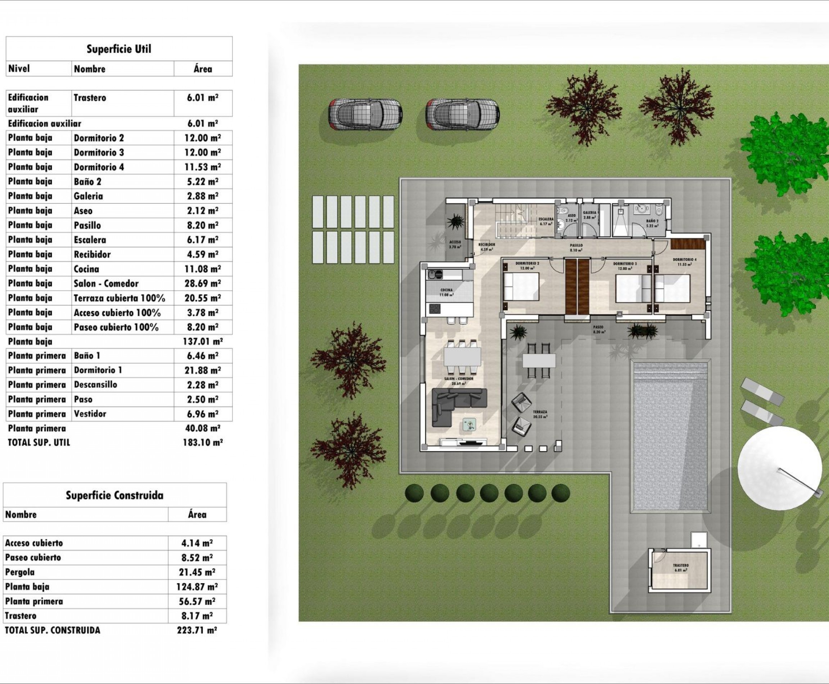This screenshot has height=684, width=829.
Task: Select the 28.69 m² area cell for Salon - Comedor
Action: point(203,283)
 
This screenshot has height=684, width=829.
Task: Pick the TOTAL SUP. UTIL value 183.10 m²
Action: point(203,442)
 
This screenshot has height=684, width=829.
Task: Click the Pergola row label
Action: point(20,572)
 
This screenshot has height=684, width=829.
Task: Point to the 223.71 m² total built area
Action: point(196,630)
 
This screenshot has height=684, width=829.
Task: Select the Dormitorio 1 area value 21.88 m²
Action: point(203,370)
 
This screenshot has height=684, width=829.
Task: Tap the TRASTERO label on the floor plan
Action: point(680,566)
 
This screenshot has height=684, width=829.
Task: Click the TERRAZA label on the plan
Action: point(540,412)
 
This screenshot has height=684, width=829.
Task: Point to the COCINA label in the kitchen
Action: point(447,290)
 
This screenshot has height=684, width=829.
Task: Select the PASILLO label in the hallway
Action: point(576,246)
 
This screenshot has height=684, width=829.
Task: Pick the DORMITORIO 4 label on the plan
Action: point(684,260)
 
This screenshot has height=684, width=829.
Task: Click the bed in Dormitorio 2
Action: point(521,287)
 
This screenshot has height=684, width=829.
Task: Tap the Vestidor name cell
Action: point(90,414)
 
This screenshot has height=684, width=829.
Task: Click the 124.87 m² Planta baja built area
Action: point(196,587)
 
